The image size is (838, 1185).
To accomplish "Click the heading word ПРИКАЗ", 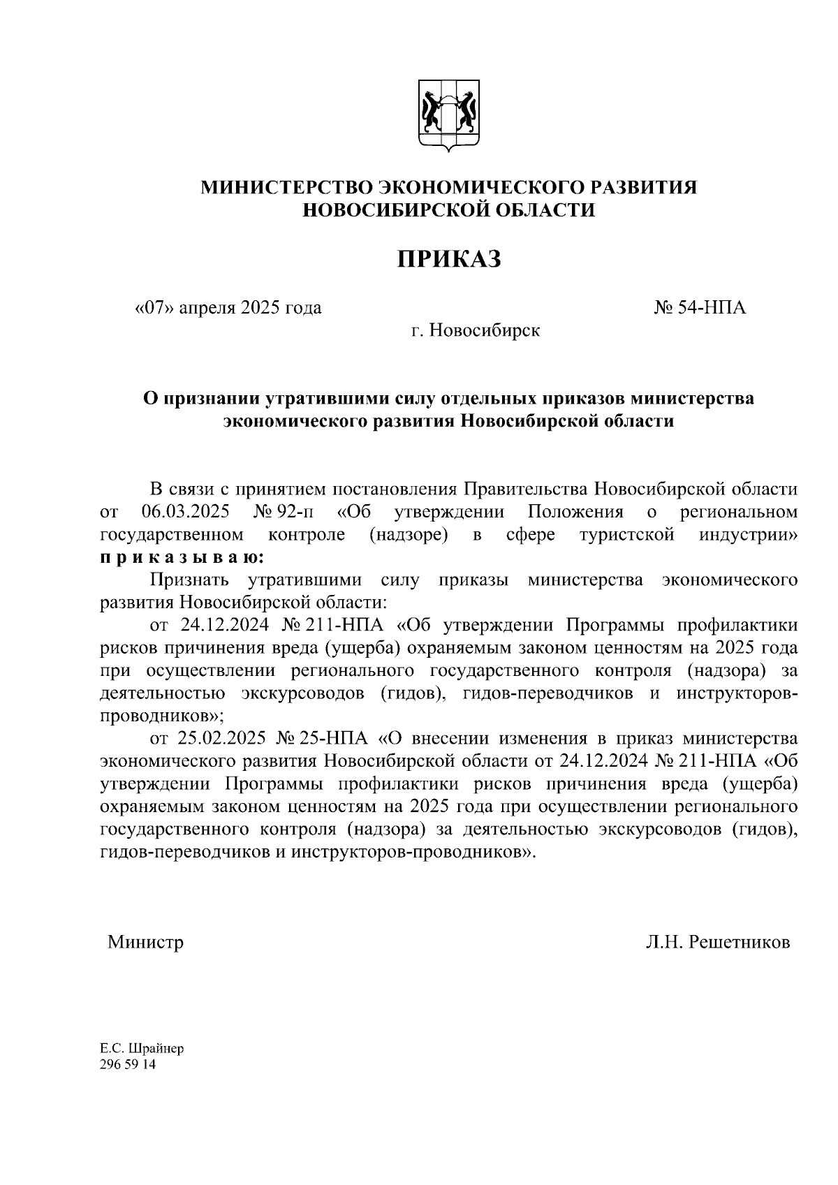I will coord(450,259).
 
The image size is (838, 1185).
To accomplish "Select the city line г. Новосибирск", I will coord(475,330).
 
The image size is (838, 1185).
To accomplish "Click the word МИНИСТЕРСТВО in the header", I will coord(286,187).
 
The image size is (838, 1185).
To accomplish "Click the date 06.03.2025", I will coord(186,512).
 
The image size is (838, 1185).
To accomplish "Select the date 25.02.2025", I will coord(223,738).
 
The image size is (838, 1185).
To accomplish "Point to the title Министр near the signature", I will coord(145,942).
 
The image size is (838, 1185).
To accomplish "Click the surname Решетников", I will coord(739,942).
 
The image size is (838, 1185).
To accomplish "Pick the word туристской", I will coord(626,535).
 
